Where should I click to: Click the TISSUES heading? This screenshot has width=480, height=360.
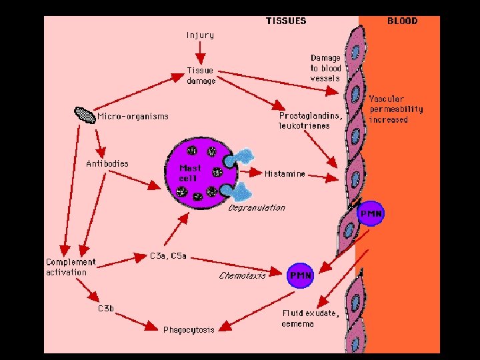tap(287, 21)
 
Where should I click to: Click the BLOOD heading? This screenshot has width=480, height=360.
tap(402, 21)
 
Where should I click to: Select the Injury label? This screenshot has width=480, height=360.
tap(200, 35)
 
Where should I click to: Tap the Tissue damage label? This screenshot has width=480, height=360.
tap(201, 75)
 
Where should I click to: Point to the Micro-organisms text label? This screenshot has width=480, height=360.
tap(133, 117)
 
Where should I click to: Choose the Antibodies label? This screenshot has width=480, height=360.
tap(107, 163)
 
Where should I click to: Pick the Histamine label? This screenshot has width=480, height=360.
tap(285, 174)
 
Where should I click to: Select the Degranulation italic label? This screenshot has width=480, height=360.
tap(257, 207)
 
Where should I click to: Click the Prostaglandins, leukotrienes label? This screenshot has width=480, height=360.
tap(311, 120)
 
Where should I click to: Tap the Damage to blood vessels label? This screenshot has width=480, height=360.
tap(325, 68)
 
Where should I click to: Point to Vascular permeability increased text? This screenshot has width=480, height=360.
tap(395, 109)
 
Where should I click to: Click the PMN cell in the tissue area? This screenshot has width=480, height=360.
tap(300, 275)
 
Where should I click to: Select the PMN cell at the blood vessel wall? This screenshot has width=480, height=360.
tap(371, 215)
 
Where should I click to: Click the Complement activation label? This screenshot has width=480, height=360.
tap(71, 267)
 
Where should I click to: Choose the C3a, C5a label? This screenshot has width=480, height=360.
tap(168, 255)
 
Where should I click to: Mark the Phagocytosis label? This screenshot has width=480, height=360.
tap(189, 330)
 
